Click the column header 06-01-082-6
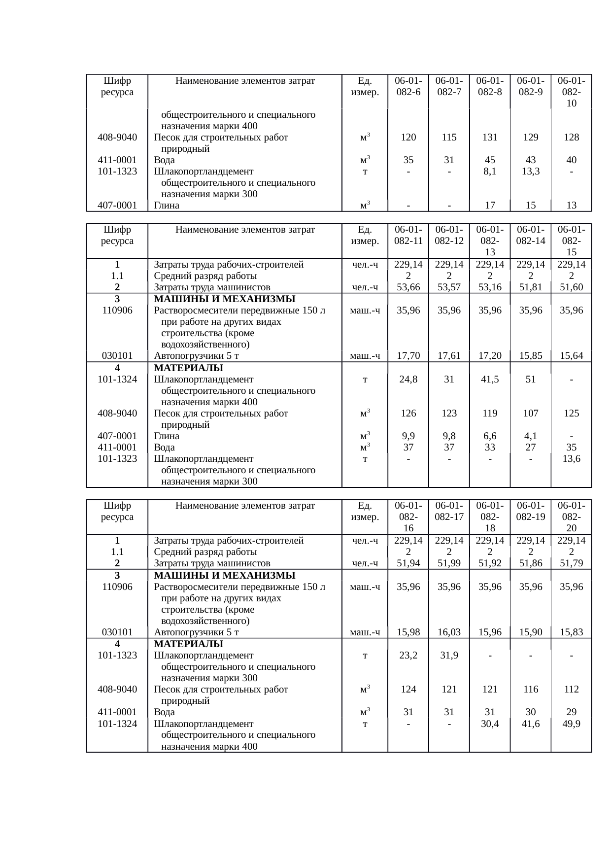408,86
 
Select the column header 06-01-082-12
449,235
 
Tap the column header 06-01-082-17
449,511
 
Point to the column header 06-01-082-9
531,86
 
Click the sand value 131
490,138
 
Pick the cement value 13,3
531,172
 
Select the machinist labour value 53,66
408,287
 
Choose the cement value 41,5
490,380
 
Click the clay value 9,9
408,436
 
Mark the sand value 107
531,414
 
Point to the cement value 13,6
572,459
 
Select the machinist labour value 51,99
449,563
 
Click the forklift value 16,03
449,632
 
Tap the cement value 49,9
572,724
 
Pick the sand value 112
572,690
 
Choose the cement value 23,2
408,656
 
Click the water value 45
490,160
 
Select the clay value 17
490,206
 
